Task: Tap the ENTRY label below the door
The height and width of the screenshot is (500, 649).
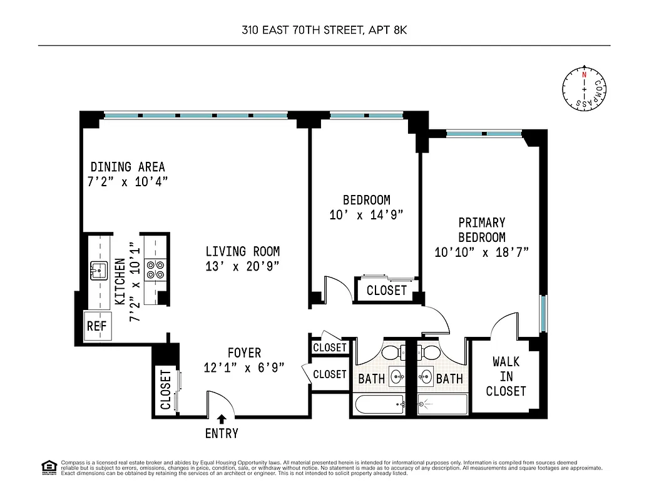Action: pyautogui.click(x=222, y=433)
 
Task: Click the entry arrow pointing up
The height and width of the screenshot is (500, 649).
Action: pyautogui.click(x=222, y=419)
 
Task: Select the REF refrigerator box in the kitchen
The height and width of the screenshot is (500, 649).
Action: pyautogui.click(x=96, y=326)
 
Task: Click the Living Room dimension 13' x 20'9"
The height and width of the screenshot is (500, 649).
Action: pyautogui.click(x=243, y=266)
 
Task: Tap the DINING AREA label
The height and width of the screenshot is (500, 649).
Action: pyautogui.click(x=128, y=167)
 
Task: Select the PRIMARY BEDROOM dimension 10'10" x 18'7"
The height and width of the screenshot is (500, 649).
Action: pyautogui.click(x=482, y=252)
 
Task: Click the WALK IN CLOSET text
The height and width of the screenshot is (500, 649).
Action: pyautogui.click(x=506, y=376)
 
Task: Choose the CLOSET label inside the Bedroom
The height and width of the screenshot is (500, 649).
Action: pyautogui.click(x=386, y=290)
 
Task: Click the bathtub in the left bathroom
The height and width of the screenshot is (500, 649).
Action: pyautogui.click(x=380, y=404)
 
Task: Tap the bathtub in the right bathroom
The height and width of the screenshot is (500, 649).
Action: pyautogui.click(x=442, y=404)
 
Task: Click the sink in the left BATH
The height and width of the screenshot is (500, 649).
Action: pyautogui.click(x=396, y=377)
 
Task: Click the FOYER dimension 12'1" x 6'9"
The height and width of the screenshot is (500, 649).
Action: pyautogui.click(x=244, y=368)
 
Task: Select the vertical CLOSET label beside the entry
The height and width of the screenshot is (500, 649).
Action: pyautogui.click(x=165, y=390)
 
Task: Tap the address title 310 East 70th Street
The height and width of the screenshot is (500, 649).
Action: pyautogui.click(x=324, y=29)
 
